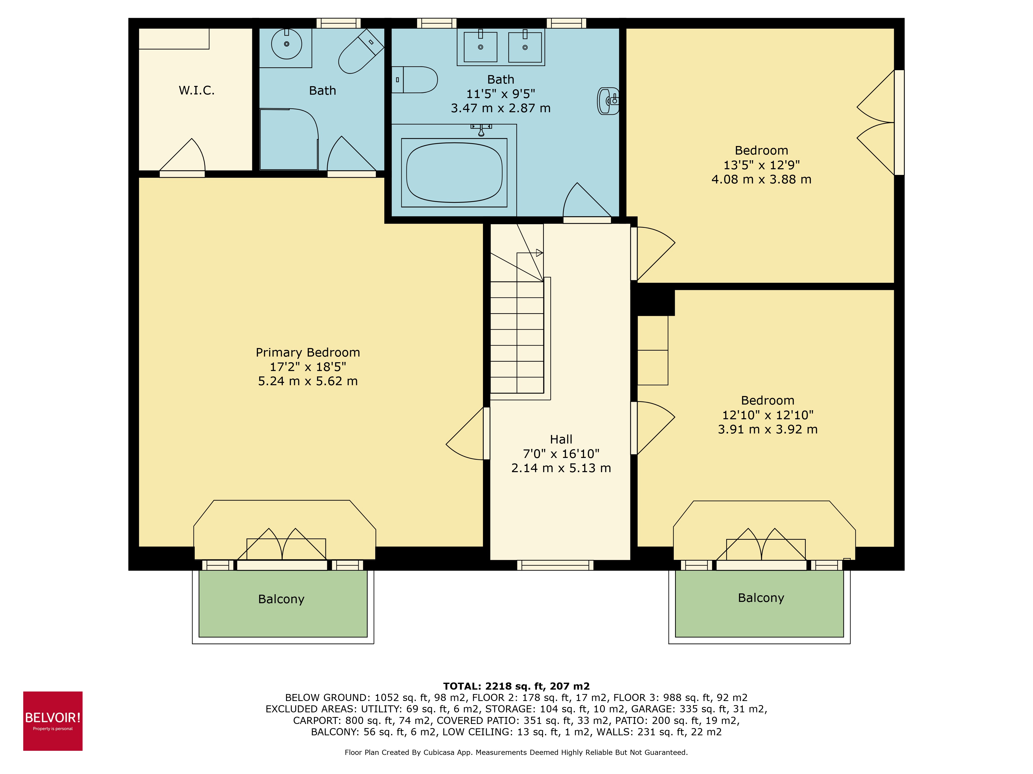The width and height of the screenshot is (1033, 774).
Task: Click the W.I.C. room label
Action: (x=197, y=91)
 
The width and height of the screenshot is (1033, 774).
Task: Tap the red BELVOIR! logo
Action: (x=53, y=721)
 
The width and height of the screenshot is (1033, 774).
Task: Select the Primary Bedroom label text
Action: (x=308, y=352)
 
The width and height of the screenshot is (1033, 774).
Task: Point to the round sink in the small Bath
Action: (x=286, y=44)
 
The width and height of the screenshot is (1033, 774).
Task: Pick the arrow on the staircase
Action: (x=539, y=253)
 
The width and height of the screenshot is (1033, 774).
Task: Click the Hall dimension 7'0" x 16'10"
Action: (x=561, y=454)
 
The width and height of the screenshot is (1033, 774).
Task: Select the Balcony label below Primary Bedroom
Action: (x=281, y=599)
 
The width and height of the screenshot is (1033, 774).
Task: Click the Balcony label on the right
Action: (x=761, y=598)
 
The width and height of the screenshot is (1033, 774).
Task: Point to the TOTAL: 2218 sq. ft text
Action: (x=516, y=686)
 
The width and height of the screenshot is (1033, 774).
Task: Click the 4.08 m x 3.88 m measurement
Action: (x=761, y=179)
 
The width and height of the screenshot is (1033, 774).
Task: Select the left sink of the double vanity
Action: (x=480, y=47)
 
